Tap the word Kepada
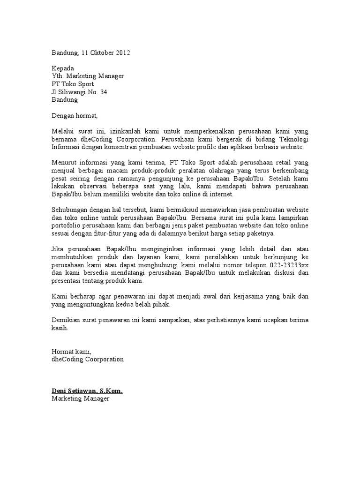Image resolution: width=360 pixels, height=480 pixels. (63, 68)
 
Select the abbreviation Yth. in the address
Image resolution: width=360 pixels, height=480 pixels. (57, 76)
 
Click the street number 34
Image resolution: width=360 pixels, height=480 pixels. (103, 92)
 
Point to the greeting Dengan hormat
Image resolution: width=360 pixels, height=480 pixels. (75, 115)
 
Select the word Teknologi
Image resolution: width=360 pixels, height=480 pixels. (292, 139)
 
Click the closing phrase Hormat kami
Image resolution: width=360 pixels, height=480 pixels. (71, 352)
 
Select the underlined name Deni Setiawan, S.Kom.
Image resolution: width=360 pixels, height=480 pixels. (87, 390)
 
